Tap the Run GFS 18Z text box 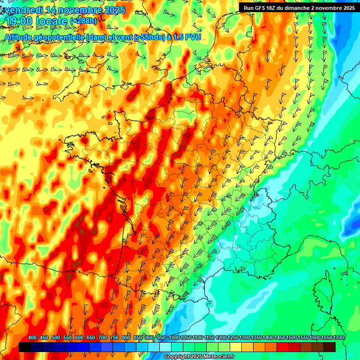click(299, 7)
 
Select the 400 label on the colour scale click(32, 338)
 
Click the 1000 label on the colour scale click(174, 338)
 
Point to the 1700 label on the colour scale click(325, 338)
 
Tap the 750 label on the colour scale click(114, 338)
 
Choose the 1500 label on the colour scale click(279, 338)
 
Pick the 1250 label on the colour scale click(232, 338)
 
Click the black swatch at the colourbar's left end click(25, 347)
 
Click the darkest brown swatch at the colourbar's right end click(330, 347)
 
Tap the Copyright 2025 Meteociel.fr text click(198, 356)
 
